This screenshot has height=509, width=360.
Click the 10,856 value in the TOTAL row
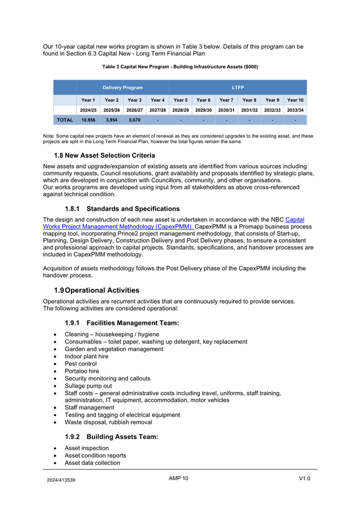coord(88,120)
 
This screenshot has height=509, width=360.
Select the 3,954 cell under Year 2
coord(111,120)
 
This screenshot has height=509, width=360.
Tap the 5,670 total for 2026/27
coord(134,120)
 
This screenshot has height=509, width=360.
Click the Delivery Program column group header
coord(123,87)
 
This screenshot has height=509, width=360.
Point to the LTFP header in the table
coord(238,87)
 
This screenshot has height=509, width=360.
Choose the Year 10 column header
coord(295,100)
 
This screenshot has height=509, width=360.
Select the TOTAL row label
coord(65,120)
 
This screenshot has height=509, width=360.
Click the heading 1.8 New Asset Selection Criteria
coord(105,155)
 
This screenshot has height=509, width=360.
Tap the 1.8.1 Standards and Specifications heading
coord(122,209)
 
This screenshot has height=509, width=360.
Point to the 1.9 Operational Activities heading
coord(97,290)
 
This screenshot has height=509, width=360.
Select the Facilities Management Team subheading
coord(122,323)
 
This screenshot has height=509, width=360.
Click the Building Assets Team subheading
coord(111,436)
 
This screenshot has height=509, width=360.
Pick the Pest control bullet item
coord(81,363)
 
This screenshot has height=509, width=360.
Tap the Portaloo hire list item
coord(82,371)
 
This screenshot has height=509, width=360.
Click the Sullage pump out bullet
coord(88,386)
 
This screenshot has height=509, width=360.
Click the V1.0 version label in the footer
coord(305,478)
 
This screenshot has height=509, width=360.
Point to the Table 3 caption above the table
coord(180,67)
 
